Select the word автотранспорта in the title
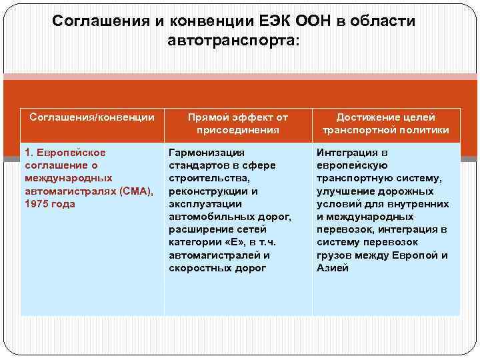(230, 41)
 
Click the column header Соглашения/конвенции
(92, 117)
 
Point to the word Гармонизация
(206, 153)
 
